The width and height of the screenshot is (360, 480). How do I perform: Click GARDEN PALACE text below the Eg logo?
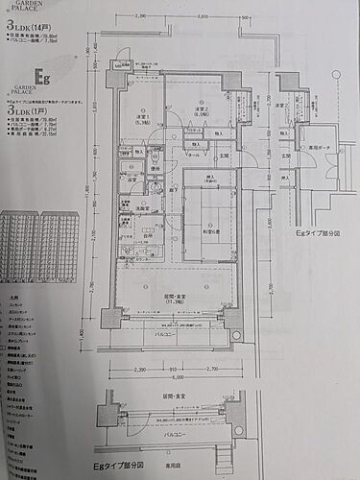point(24,93)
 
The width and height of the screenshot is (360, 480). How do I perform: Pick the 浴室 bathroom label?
point(130,180)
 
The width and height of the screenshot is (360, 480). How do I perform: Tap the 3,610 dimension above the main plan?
point(203,16)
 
